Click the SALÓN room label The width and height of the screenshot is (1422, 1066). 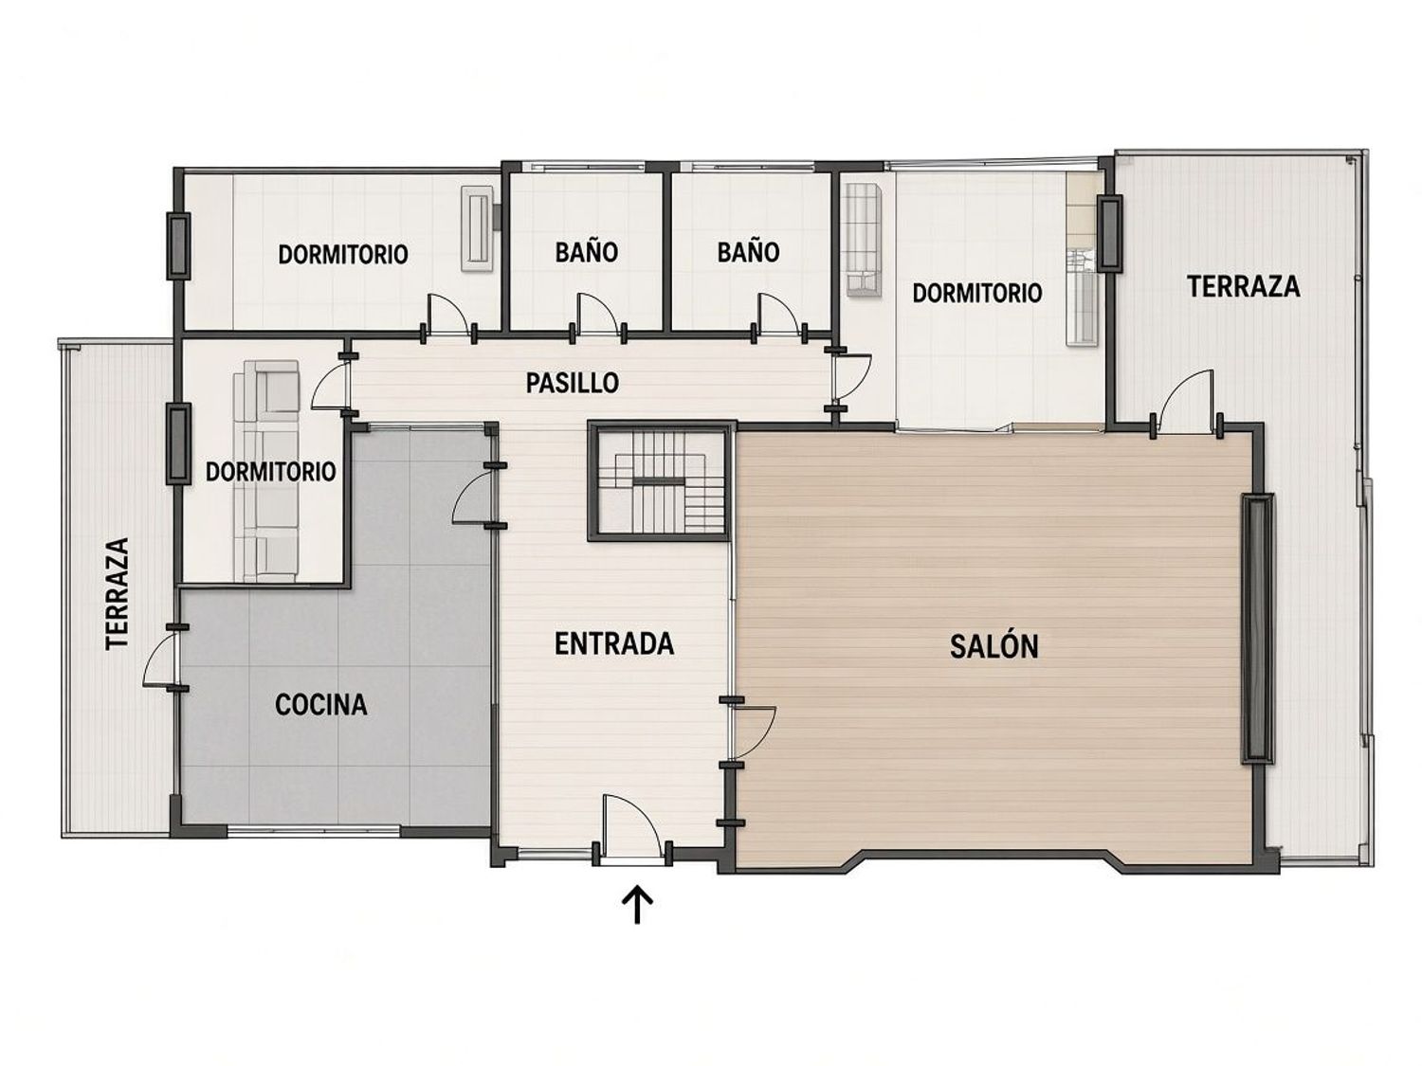point(994,646)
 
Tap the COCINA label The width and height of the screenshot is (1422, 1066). point(320,705)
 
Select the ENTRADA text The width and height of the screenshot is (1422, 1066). point(614,644)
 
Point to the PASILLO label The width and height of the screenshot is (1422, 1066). point(572,383)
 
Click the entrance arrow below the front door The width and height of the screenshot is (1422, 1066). point(637,904)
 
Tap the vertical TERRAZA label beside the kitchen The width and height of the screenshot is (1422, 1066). point(118,593)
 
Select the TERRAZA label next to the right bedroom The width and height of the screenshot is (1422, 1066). point(1243,286)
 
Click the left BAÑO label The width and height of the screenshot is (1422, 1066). point(586,252)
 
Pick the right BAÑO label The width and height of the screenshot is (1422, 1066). point(748,252)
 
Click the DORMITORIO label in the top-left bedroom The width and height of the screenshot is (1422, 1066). point(343,254)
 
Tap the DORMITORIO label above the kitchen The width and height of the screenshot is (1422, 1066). point(271,472)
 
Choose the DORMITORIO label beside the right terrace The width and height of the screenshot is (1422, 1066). point(977,293)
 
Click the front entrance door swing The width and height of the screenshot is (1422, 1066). point(630,829)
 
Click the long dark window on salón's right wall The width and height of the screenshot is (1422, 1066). point(1257,628)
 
